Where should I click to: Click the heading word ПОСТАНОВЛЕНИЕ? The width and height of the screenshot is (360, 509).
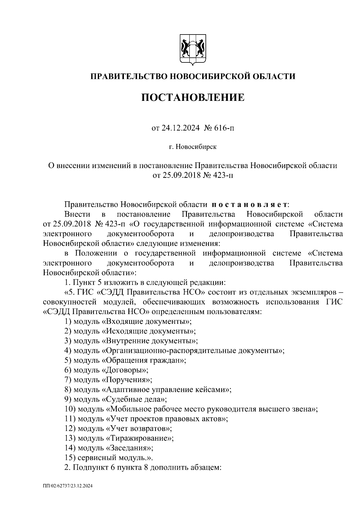point(193,98)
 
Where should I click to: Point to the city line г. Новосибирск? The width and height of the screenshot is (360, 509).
point(192,147)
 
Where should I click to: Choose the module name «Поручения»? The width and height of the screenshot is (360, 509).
point(127,380)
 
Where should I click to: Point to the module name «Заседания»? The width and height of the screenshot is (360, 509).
point(130,448)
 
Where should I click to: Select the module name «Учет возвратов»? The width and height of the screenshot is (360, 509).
point(139,429)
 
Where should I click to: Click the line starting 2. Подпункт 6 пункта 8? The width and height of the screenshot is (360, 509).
point(143,468)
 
